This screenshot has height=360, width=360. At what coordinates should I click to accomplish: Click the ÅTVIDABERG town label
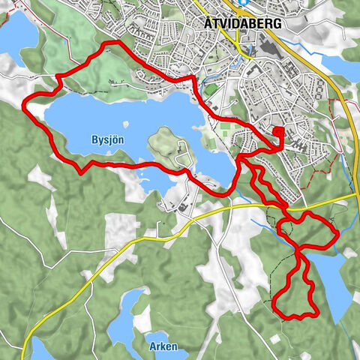click(x=242, y=23)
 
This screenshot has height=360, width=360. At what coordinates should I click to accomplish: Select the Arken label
click(x=163, y=347)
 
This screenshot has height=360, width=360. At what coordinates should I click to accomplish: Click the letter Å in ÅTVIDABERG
click(x=208, y=23)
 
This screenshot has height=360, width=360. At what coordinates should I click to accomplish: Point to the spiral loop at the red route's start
click(x=277, y=134)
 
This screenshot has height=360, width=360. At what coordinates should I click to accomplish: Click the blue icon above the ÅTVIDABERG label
click(x=244, y=3)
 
